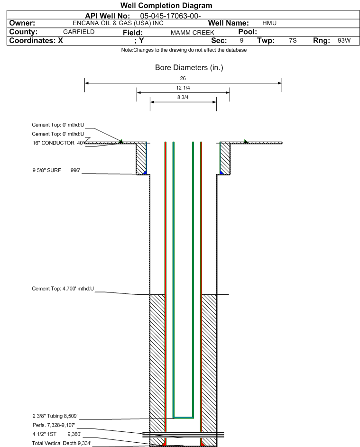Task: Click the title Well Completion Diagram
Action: pyautogui.click(x=166, y=5)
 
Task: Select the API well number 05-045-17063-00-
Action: pyautogui.click(x=170, y=16)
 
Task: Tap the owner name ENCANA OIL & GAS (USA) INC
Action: pyautogui.click(x=118, y=23)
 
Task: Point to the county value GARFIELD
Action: pyautogui.click(x=79, y=32)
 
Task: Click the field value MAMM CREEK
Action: pyautogui.click(x=192, y=33)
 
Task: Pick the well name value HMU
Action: pyautogui.click(x=269, y=23)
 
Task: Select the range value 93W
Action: pyautogui.click(x=344, y=40)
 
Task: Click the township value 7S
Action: pyautogui.click(x=293, y=40)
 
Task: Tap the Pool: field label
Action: pyautogui.click(x=248, y=32)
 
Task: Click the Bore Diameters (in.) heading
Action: pyautogui.click(x=189, y=68)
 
